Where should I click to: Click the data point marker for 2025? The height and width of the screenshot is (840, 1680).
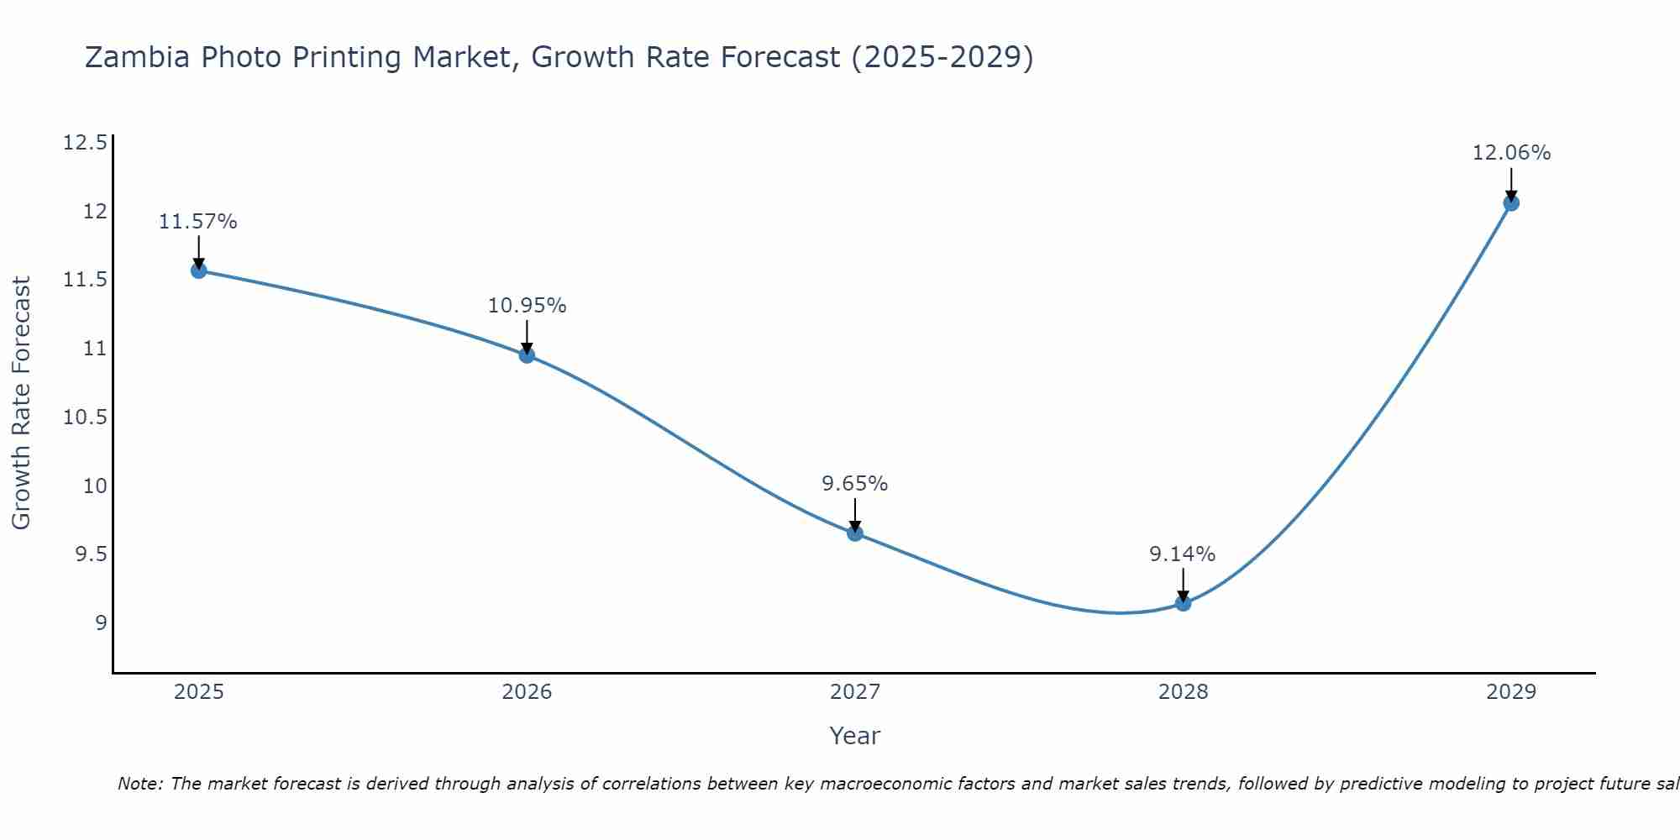(x=199, y=270)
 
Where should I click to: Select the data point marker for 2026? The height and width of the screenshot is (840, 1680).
(x=527, y=354)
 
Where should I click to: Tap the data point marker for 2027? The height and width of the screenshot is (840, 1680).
(x=855, y=533)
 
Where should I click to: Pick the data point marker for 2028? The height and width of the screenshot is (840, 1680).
(x=1183, y=602)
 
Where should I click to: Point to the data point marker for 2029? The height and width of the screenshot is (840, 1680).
(x=1511, y=202)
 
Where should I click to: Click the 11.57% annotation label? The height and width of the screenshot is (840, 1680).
(x=198, y=222)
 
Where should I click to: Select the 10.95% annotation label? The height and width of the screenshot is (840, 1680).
(x=527, y=306)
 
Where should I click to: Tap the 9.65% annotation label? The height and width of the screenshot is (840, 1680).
(x=855, y=484)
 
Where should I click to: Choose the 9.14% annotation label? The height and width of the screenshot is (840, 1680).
(x=1183, y=554)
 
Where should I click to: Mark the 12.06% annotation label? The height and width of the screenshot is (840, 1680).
(x=1511, y=153)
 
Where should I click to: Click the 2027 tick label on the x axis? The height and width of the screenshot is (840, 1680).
(x=855, y=692)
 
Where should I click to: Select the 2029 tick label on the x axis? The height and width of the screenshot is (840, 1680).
(x=1511, y=692)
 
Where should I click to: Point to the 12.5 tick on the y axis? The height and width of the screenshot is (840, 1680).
(x=85, y=142)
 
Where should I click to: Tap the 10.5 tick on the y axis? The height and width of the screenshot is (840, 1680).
(x=85, y=417)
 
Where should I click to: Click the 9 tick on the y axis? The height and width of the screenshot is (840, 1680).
(x=101, y=622)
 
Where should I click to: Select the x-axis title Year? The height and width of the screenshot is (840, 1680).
(x=855, y=736)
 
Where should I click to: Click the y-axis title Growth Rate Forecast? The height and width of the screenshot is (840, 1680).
(x=22, y=402)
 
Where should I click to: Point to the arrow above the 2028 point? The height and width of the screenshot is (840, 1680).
(x=1183, y=585)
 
